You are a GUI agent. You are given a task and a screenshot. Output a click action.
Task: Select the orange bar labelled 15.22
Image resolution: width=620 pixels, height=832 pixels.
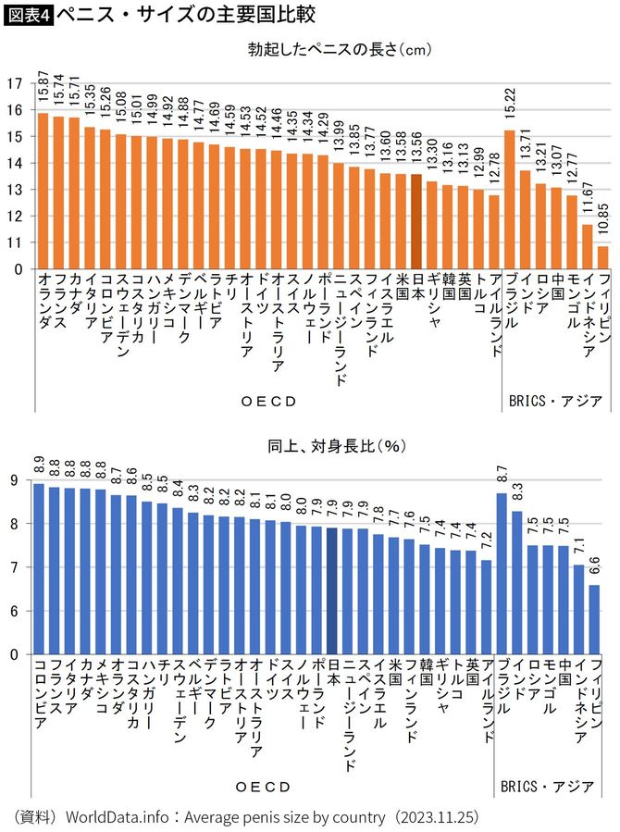(510, 199)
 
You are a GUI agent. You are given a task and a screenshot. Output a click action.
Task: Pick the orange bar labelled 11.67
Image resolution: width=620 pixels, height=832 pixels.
(588, 246)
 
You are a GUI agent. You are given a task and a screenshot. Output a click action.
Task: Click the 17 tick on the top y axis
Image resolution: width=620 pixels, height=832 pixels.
(14, 83)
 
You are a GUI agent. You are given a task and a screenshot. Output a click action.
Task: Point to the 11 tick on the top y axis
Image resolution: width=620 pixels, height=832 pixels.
(14, 242)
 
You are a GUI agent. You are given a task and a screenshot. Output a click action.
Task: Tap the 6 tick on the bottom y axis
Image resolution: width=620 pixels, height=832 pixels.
(14, 611)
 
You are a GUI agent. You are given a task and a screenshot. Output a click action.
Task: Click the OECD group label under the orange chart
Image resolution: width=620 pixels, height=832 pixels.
(267, 401)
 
